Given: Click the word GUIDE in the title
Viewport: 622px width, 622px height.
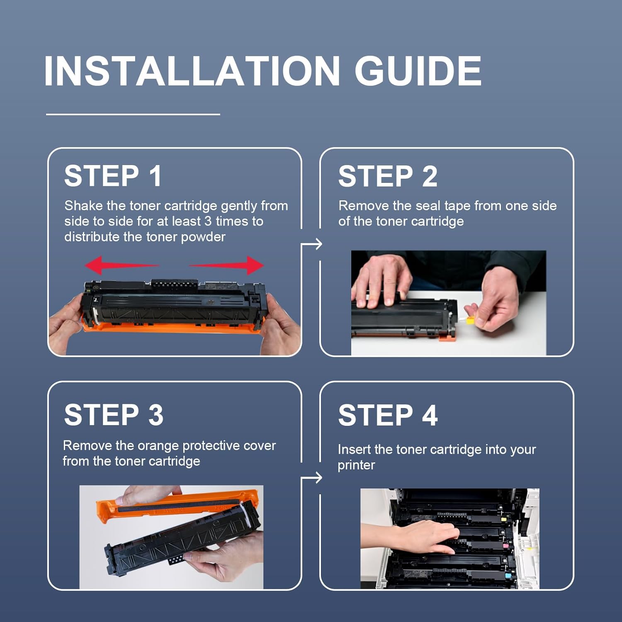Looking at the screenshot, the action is click(418, 71).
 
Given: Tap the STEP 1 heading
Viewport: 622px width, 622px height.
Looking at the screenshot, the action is click(113, 176).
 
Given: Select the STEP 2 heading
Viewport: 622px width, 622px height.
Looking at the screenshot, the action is click(388, 176).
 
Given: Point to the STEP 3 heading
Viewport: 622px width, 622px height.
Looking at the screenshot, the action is click(114, 415).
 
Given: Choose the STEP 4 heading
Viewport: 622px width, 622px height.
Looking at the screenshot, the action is click(388, 415).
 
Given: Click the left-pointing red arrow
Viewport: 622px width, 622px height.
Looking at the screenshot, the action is click(122, 265).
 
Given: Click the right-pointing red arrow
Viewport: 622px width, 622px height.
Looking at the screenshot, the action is click(226, 265).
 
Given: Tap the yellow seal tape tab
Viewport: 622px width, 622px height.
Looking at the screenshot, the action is click(470, 320).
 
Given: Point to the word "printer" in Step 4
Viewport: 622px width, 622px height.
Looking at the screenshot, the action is click(356, 466).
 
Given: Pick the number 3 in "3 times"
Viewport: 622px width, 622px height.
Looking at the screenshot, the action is click(208, 221).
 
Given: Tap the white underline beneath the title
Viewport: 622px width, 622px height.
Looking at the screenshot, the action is click(133, 114).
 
